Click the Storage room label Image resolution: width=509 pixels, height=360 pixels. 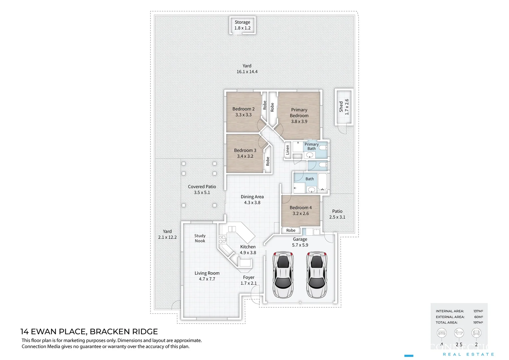click(x=242, y=22)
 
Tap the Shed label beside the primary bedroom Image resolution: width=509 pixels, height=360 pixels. click(x=341, y=107)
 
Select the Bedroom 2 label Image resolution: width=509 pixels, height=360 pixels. click(x=243, y=109)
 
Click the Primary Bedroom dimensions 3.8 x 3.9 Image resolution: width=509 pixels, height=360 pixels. click(x=299, y=121)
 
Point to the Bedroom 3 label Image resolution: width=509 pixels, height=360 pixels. click(x=245, y=150)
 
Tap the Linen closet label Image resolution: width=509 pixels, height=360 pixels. click(x=287, y=150)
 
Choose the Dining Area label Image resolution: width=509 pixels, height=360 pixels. click(x=252, y=197)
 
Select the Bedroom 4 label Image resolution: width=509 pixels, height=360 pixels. click(x=300, y=208)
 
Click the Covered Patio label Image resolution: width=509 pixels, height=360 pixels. click(x=202, y=187)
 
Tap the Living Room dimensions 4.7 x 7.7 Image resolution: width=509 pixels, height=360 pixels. click(x=207, y=279)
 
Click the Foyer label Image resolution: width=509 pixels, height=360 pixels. click(x=249, y=277)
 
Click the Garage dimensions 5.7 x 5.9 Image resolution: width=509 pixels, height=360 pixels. click(x=300, y=245)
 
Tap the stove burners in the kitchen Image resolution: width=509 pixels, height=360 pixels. click(x=222, y=239)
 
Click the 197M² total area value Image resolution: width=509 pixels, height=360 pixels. click(x=478, y=322)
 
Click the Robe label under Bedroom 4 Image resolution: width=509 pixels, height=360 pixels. click(x=291, y=230)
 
